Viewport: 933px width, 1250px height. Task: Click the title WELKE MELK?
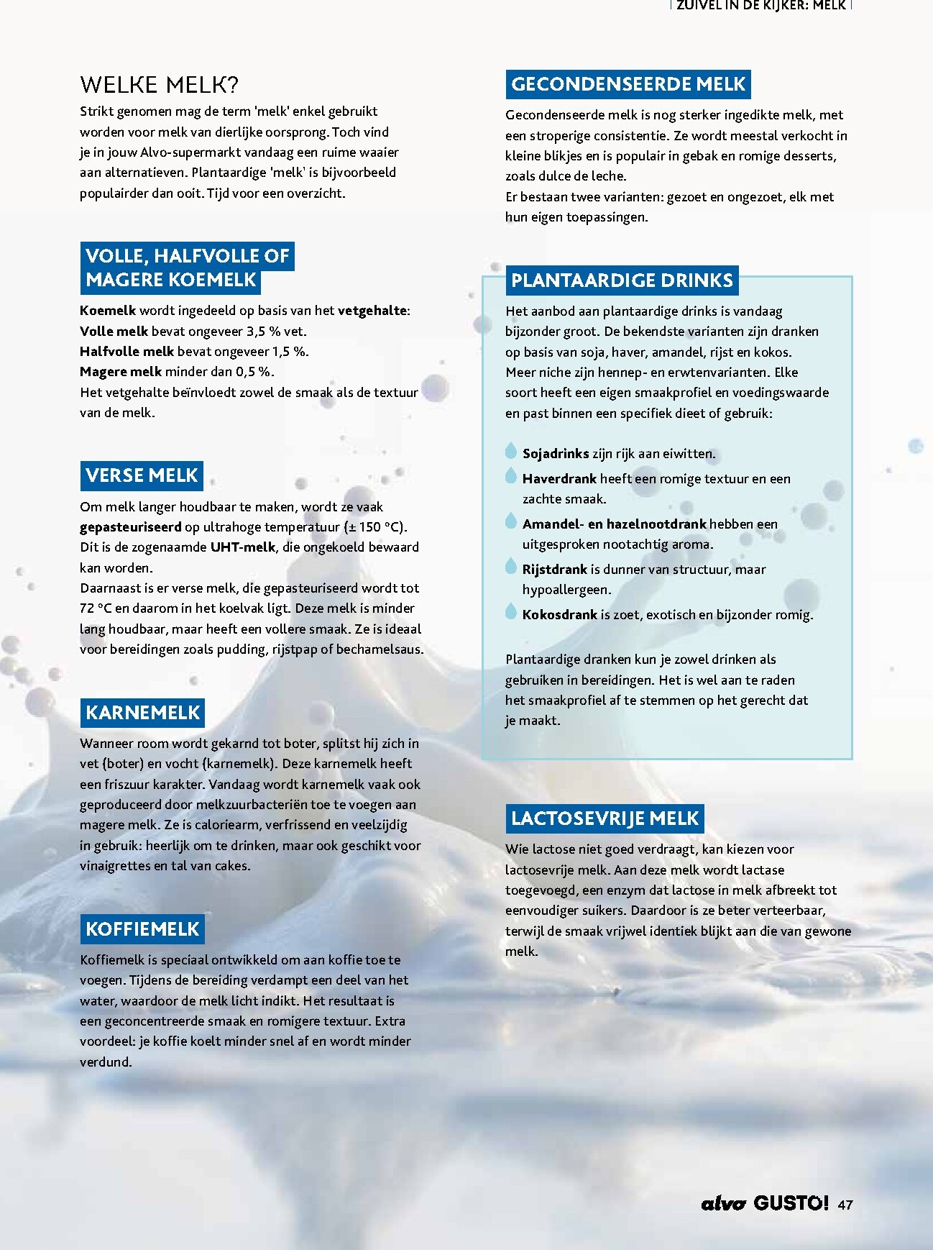159,85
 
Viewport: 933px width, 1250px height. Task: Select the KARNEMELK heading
142,713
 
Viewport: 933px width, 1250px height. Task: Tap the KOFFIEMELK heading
142,929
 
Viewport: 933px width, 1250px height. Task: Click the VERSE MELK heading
142,475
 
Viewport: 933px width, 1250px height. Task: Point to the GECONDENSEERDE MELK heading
628,84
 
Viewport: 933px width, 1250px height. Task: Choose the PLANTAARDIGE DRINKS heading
622,280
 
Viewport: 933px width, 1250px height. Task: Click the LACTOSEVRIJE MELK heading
605,818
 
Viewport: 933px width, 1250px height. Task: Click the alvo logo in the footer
724,1204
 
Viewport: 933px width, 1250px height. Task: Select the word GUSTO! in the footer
791,1203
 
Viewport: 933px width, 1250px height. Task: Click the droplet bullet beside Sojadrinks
511,451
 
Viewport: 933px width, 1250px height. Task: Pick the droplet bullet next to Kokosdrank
511,612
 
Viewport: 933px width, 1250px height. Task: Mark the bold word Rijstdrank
555,570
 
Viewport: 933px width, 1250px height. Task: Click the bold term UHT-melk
243,547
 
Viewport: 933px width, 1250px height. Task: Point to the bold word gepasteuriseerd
131,527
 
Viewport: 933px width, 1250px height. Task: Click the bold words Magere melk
121,372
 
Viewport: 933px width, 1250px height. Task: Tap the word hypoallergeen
566,590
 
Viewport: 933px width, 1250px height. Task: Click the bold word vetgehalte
372,311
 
